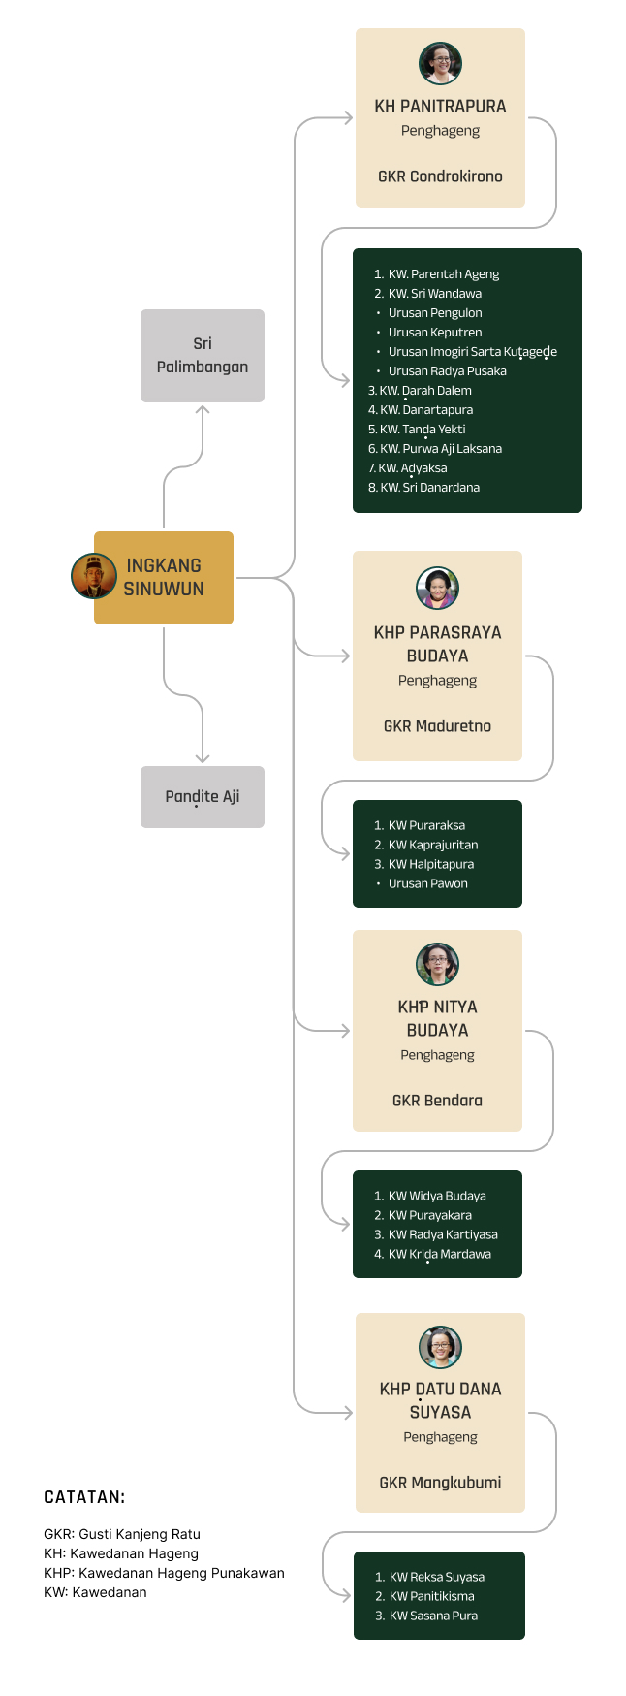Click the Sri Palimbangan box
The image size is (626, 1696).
[x=202, y=355]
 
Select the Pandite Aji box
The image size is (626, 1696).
[x=202, y=797]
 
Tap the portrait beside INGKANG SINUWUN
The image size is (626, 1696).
[x=94, y=577]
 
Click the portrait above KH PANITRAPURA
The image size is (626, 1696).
[x=440, y=64]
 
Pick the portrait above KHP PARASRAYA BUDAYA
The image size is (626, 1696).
[x=437, y=588]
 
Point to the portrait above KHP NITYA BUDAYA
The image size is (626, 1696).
[x=437, y=964]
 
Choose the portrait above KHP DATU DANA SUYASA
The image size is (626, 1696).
[x=440, y=1347]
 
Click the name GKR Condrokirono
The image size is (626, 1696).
[x=440, y=176]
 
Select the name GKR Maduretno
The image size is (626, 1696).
[x=437, y=726]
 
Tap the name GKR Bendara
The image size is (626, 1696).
[x=437, y=1101]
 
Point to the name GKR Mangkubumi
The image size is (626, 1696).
[x=440, y=1483]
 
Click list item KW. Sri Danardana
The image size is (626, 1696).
[x=429, y=488]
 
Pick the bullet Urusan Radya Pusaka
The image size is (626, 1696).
[x=447, y=371]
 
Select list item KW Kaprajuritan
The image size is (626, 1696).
[x=433, y=846]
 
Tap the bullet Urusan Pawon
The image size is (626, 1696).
[x=427, y=884]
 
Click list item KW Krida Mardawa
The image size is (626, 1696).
[x=439, y=1255]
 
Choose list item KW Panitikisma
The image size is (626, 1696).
[x=431, y=1596]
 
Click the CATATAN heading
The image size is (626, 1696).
[x=84, y=1497]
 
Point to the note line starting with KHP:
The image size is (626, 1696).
[x=164, y=1573]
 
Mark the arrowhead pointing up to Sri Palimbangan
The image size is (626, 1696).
[x=203, y=411]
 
